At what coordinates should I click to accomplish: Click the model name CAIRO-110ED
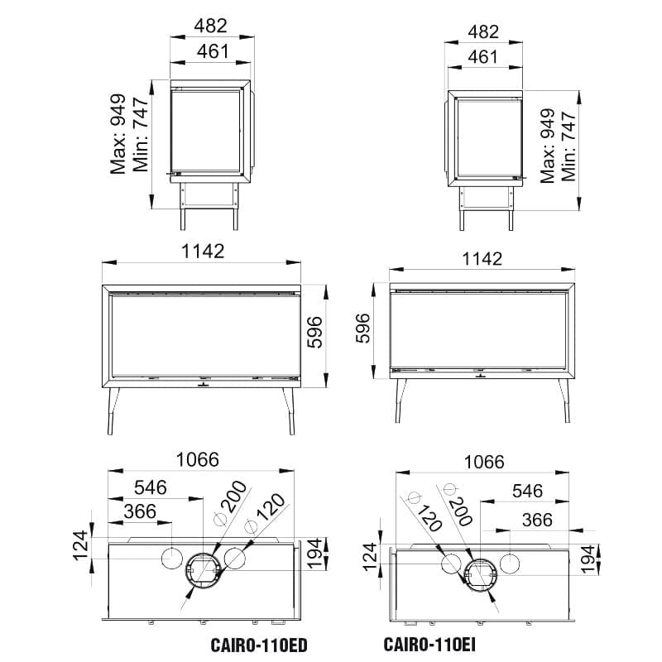259,645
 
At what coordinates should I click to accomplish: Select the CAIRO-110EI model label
429,645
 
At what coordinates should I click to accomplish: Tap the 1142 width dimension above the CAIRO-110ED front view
203,252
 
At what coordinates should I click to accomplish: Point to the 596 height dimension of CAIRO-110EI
362,329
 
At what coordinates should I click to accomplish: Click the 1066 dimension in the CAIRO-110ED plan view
198,459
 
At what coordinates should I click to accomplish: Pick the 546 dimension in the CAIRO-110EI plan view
527,491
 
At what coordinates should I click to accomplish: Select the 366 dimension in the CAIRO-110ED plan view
140,511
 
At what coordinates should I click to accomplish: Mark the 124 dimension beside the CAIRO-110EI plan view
370,557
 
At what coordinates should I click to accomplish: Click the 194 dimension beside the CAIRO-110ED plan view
314,553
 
